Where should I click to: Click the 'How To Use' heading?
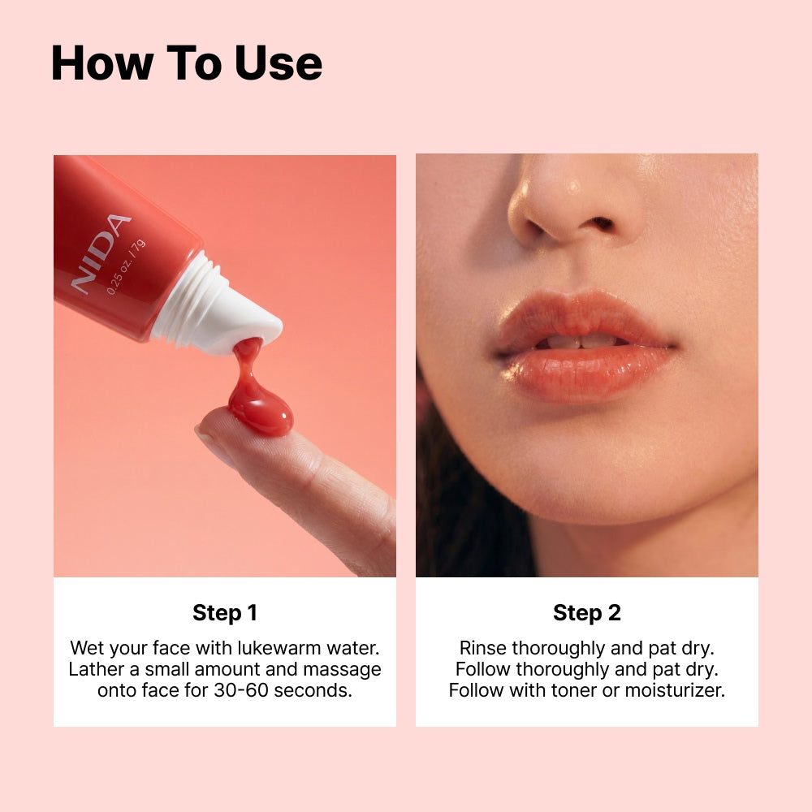(187, 63)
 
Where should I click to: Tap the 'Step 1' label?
(225, 612)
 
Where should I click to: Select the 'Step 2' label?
(587, 612)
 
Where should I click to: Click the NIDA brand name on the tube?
(101, 253)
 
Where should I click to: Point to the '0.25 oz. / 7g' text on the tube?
(125, 267)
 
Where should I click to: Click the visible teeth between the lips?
(580, 341)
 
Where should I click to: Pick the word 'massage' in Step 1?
(342, 670)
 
